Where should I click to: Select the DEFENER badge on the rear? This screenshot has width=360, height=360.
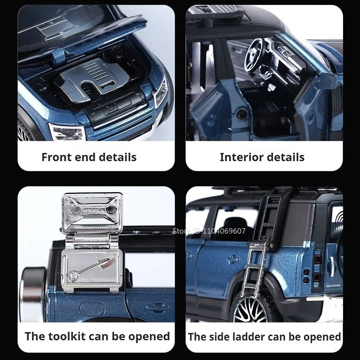pos(333,285)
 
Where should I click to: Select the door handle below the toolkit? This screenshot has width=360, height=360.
pos(157,308)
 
